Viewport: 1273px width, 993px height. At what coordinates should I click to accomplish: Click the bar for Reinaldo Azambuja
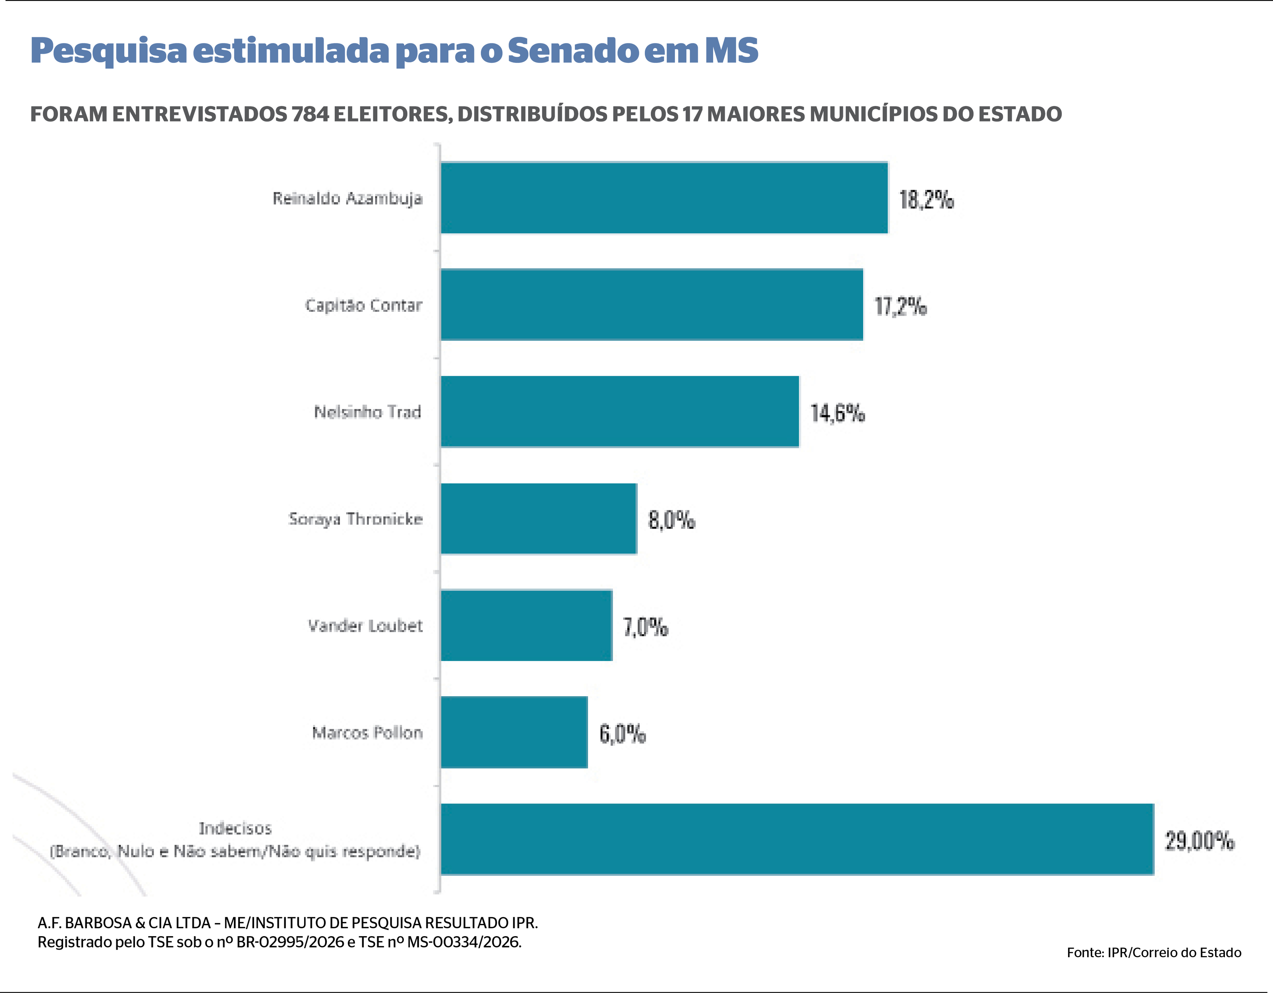(664, 198)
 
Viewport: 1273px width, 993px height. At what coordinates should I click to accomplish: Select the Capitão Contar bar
(652, 305)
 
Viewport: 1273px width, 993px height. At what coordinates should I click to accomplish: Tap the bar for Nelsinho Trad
(619, 411)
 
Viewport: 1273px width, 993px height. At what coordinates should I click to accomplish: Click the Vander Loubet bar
(527, 625)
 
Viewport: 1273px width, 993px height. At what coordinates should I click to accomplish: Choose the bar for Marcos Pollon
(514, 732)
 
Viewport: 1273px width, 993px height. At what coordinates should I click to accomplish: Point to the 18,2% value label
(926, 199)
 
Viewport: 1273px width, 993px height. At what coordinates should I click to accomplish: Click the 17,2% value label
(901, 306)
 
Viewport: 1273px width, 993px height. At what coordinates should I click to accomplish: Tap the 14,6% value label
(837, 413)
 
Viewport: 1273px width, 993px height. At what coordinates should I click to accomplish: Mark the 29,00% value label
(1199, 841)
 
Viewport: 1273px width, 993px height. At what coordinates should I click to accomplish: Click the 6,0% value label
(623, 734)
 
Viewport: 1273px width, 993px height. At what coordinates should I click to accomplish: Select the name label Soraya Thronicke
(355, 519)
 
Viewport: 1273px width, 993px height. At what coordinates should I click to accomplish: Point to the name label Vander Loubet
(365, 626)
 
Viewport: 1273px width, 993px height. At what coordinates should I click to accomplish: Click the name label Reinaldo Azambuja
(347, 198)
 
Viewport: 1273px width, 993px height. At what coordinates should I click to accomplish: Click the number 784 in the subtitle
(310, 114)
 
